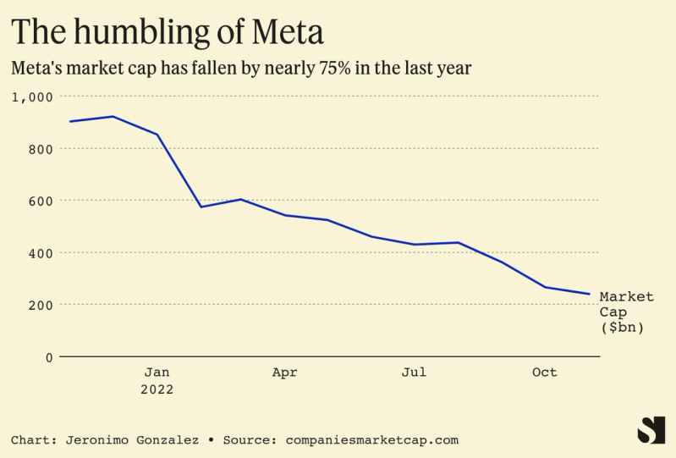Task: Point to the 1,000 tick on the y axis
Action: [x=33, y=97]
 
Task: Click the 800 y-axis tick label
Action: [x=40, y=149]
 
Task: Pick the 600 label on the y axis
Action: [x=40, y=201]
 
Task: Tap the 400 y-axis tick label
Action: [x=40, y=253]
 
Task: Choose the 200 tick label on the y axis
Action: [x=40, y=305]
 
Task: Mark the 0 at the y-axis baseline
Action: [x=49, y=357]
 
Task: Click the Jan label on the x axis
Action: [x=157, y=372]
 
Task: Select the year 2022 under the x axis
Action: [x=157, y=389]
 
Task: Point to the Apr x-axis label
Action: [x=285, y=372]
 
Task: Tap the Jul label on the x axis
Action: [x=414, y=372]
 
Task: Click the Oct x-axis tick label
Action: [x=544, y=372]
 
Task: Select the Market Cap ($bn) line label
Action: [x=626, y=312]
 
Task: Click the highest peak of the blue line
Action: [x=113, y=117]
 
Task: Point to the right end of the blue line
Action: [x=589, y=294]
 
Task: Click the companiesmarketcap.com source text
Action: [x=372, y=440]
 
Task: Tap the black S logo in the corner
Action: [x=651, y=430]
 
